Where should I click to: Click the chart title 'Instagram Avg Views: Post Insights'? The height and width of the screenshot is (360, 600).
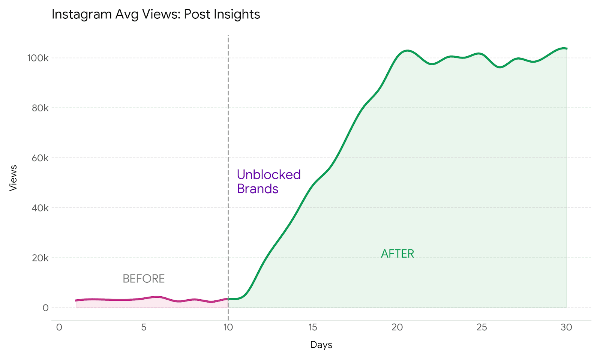coord(156,14)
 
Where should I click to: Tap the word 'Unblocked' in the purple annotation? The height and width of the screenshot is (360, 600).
coord(268,175)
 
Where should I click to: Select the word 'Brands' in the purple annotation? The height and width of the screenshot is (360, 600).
coord(257,189)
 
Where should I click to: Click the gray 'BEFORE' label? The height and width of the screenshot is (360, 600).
coord(144,279)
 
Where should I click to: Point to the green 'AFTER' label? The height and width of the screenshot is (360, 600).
coord(397,254)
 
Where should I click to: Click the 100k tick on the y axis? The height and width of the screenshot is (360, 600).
coord(37,58)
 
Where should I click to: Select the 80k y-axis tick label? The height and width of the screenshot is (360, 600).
coord(40,108)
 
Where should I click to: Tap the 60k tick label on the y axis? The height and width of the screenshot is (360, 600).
coord(40,158)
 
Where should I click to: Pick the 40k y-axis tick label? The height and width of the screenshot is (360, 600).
coord(40,208)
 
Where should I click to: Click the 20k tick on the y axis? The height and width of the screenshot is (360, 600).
coord(40,258)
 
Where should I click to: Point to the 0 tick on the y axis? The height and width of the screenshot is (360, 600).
coord(45,308)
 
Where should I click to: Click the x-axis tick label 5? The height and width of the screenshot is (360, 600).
coord(144,327)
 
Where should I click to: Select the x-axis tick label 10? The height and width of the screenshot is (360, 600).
coord(228,327)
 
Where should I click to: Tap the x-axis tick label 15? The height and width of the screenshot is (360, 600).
coord(313,327)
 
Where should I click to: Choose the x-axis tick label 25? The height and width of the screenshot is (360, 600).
coord(482,327)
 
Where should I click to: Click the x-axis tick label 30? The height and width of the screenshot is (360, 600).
coord(566,327)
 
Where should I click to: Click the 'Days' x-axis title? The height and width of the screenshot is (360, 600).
coord(321,345)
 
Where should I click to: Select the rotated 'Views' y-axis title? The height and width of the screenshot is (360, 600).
coord(13,178)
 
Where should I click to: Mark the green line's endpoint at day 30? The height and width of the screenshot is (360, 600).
coord(566,48)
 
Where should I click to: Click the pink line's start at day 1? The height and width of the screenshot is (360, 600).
coord(76,300)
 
